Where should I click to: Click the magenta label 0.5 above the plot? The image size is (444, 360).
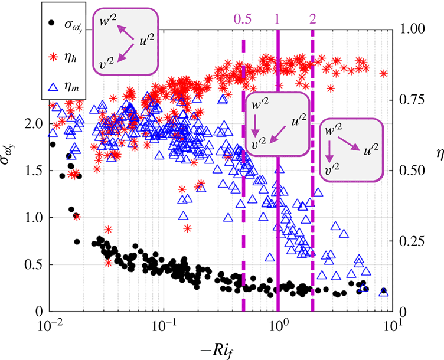click(243, 18)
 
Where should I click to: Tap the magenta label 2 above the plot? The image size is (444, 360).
click(312, 18)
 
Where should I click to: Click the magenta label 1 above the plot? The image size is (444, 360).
click(277, 18)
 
